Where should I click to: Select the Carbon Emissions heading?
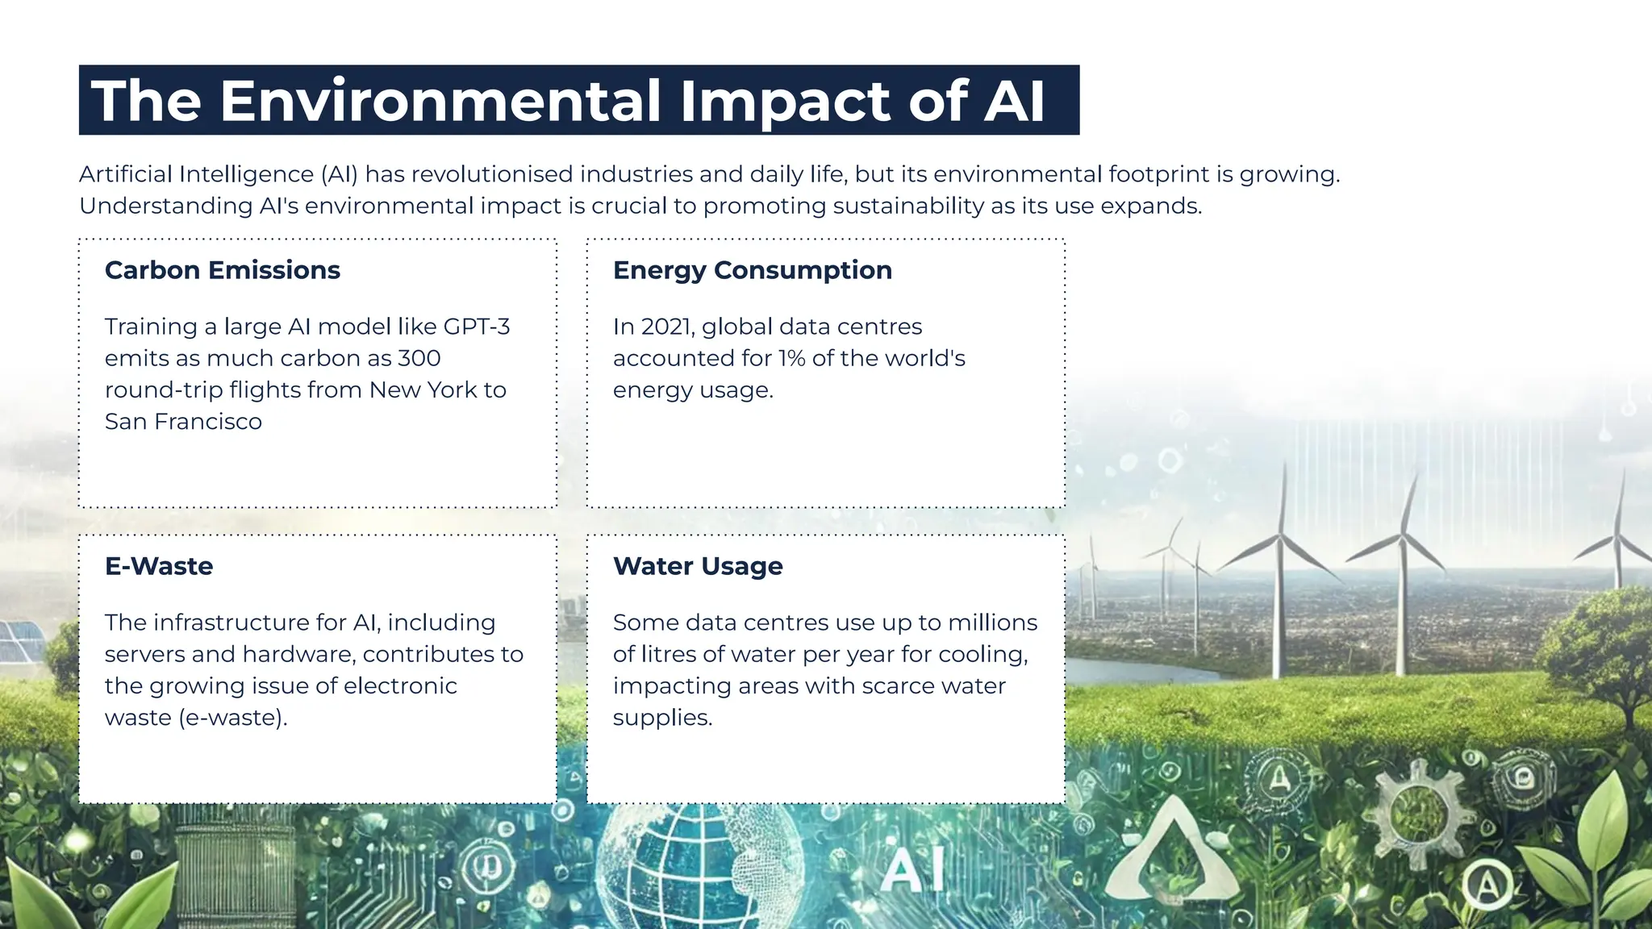[x=223, y=270]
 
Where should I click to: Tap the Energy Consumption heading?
[x=752, y=270]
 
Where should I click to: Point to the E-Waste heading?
[x=159, y=566]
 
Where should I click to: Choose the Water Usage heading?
[x=698, y=566]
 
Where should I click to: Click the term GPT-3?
[x=477, y=327]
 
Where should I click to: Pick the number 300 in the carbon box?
[x=419, y=358]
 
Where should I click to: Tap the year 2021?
[x=666, y=327]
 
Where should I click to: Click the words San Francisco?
[x=183, y=422]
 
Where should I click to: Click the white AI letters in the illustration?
[x=911, y=871]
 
